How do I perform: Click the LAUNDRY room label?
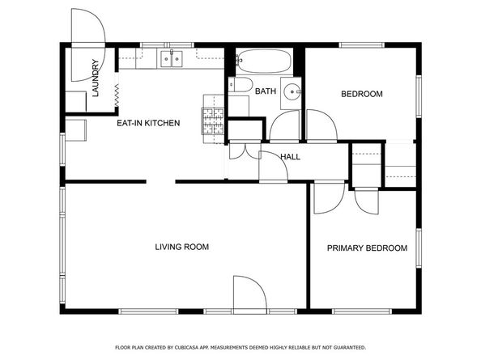click(96, 78)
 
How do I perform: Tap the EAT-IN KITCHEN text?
click(148, 124)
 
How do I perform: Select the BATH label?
click(266, 91)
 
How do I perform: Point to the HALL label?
click(291, 156)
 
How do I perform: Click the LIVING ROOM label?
click(182, 247)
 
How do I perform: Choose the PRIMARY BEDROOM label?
click(367, 248)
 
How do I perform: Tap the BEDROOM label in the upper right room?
click(361, 95)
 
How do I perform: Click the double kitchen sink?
click(171, 57)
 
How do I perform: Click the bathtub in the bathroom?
click(263, 61)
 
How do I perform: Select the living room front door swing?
click(249, 293)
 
